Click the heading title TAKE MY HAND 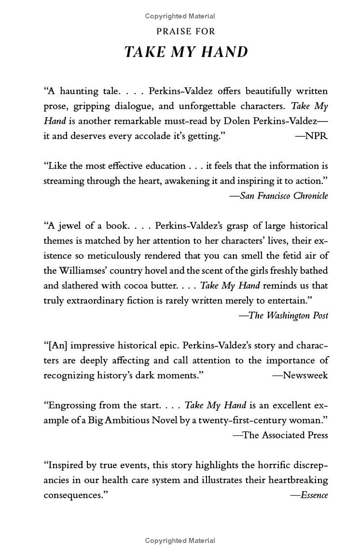(186, 52)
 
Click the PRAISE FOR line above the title (186, 32)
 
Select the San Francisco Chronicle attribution (279, 195)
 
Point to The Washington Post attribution (283, 315)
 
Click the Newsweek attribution (300, 375)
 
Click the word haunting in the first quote (79, 91)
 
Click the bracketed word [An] (56, 345)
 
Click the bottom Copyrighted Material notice (180, 541)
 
